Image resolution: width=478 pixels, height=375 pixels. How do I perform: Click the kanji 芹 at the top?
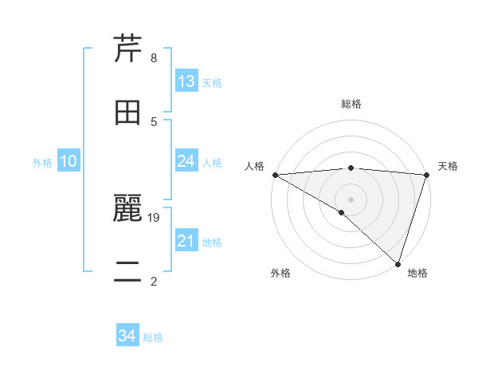(x=128, y=49)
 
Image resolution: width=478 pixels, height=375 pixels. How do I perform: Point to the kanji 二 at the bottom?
(x=128, y=271)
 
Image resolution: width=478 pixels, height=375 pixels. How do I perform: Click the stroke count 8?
(x=153, y=58)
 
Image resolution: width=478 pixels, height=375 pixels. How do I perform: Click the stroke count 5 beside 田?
(x=153, y=121)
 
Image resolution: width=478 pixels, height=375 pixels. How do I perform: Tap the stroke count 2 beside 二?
(x=153, y=281)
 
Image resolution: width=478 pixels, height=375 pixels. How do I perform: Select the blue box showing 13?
(x=186, y=81)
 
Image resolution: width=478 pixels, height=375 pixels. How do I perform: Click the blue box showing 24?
(x=186, y=161)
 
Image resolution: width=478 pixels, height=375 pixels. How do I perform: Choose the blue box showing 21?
(x=186, y=241)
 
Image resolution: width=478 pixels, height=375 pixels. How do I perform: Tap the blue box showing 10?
(x=69, y=161)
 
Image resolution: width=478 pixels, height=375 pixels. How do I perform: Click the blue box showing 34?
(x=127, y=337)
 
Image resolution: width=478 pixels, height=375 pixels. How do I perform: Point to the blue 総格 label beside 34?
(x=153, y=337)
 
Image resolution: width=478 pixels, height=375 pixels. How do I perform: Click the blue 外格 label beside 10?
(x=42, y=162)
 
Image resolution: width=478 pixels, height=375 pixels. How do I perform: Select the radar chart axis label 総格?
(x=351, y=104)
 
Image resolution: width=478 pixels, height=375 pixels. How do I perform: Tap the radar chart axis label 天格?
(x=448, y=166)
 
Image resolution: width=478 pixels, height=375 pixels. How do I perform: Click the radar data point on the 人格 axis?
(x=275, y=174)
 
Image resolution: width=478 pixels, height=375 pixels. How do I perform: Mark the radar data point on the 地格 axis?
(x=398, y=263)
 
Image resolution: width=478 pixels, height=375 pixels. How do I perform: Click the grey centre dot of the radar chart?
(x=351, y=199)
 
